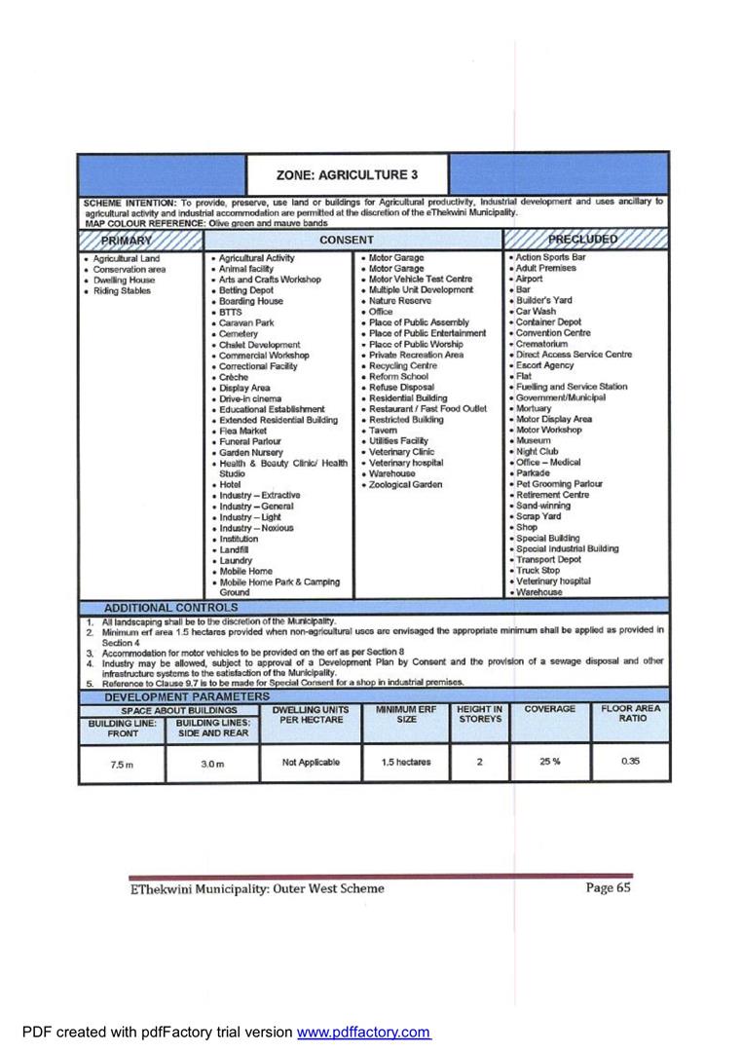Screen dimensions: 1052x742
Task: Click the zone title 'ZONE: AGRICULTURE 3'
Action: [347, 175]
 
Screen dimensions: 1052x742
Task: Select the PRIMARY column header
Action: [127, 240]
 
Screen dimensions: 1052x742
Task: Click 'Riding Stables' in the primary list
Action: [122, 290]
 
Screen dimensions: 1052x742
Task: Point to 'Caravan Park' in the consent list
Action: [246, 322]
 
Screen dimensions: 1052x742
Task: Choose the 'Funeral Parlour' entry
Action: [250, 441]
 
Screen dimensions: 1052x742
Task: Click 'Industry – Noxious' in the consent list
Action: [256, 528]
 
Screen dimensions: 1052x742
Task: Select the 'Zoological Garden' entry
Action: [405, 484]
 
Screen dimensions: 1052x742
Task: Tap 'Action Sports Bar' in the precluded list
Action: [551, 257]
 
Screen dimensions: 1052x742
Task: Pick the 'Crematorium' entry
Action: [541, 344]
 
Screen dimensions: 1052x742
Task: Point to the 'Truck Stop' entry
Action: [538, 571]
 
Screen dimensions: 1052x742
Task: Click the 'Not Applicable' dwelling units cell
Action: [311, 763]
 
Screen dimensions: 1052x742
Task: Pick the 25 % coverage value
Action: [549, 762]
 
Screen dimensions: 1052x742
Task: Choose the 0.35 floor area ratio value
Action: [630, 762]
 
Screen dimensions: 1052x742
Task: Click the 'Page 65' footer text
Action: [609, 888]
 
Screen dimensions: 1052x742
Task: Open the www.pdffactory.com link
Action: [363, 1033]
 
